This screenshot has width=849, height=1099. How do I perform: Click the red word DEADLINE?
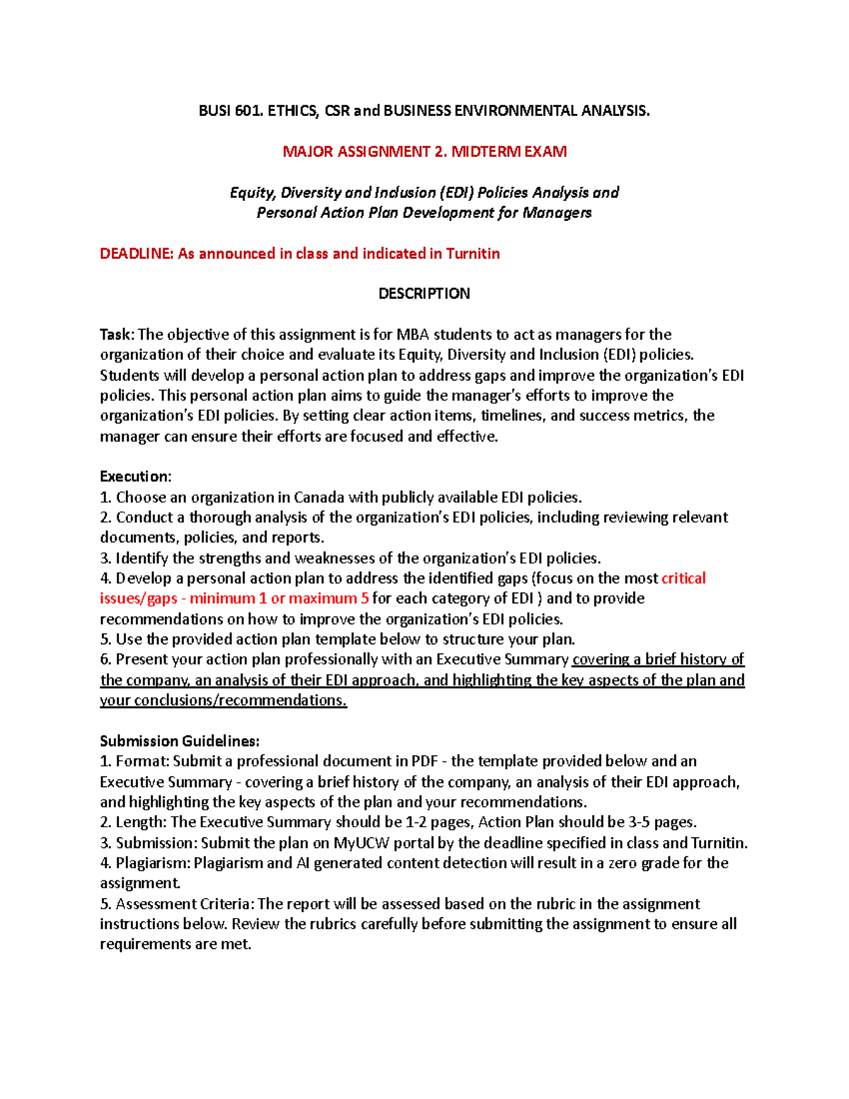pos(137,254)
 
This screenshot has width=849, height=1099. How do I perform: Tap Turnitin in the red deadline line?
pos(473,254)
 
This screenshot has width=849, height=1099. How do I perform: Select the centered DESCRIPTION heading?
pos(424,294)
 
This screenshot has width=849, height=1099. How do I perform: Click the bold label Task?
pos(117,335)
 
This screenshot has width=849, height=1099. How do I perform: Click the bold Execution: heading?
pos(136,476)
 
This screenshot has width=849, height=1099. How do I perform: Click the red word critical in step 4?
pos(683,579)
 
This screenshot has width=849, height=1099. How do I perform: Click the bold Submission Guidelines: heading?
pos(180,742)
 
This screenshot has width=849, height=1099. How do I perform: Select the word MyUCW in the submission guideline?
pos(362,844)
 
